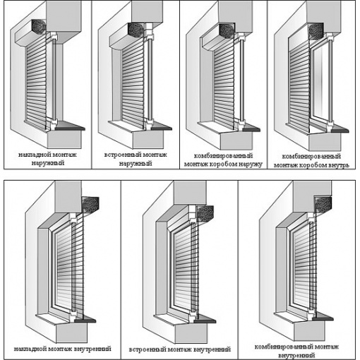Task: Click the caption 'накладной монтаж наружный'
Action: pos(48,159)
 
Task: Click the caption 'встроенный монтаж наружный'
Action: pos(136,159)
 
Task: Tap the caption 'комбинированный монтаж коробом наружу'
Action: pos(223,160)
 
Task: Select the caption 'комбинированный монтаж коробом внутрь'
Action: pos(311,161)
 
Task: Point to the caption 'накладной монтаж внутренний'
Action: pos(62,349)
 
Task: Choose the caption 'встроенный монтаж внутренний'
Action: pos(180,349)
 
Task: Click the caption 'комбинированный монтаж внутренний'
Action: pos(296,351)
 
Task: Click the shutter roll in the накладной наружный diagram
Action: pos(38,26)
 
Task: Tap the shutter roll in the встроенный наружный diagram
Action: pos(136,30)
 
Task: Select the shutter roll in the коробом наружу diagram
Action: pos(227,31)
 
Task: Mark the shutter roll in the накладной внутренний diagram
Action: pos(90,204)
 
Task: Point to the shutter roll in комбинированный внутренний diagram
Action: pos(323,204)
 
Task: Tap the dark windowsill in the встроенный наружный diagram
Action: pos(162,127)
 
